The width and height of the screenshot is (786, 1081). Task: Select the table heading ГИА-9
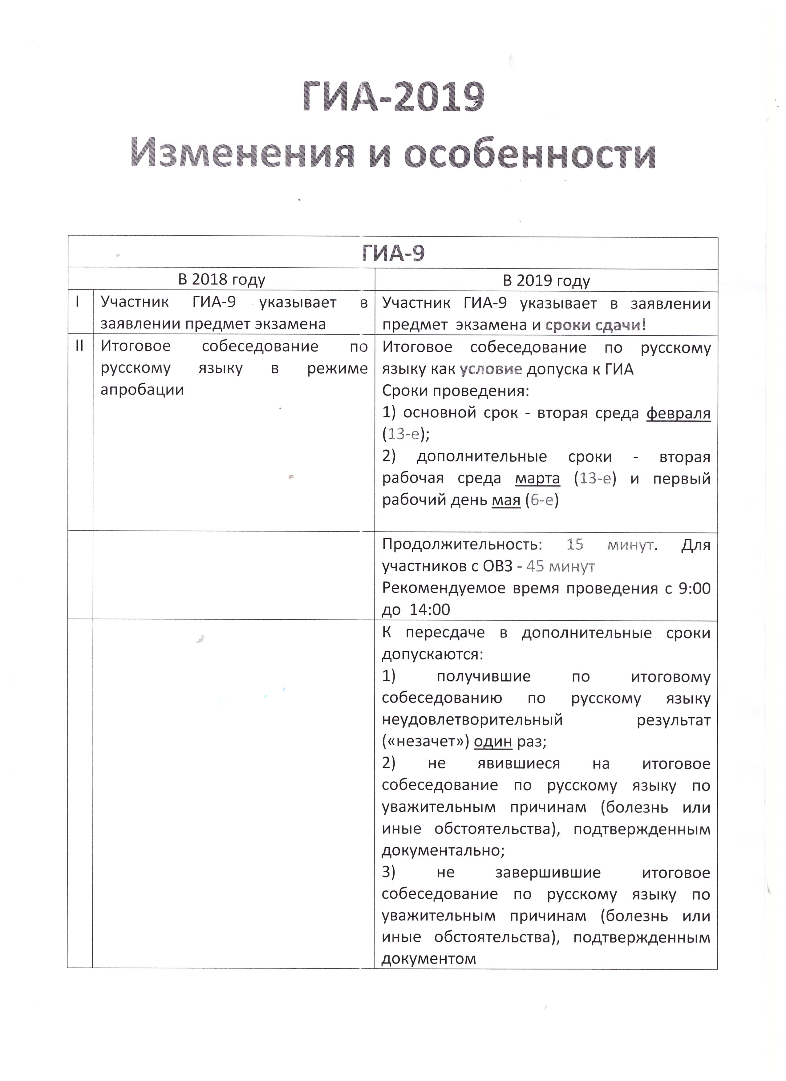pyautogui.click(x=393, y=253)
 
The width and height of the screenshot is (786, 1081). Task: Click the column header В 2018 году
pyautogui.click(x=222, y=279)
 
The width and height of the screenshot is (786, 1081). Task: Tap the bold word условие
pyautogui.click(x=491, y=369)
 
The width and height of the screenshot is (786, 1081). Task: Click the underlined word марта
pyautogui.click(x=538, y=478)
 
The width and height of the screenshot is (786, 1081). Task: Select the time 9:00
pyautogui.click(x=695, y=588)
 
